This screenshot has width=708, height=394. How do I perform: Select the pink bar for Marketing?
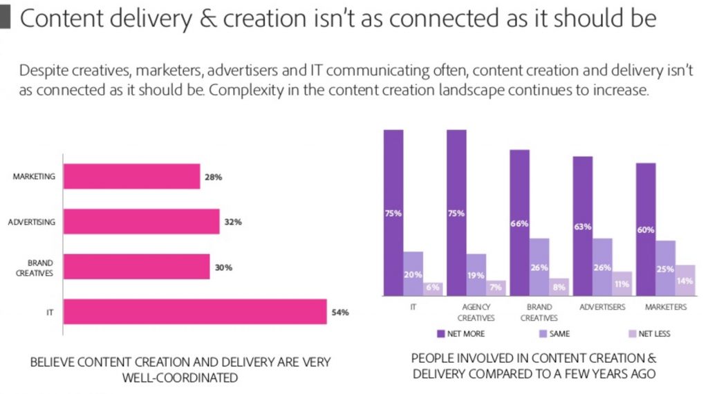pyautogui.click(x=131, y=176)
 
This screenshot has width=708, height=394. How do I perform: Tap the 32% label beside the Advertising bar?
pyautogui.click(x=232, y=222)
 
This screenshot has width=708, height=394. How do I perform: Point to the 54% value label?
pyautogui.click(x=340, y=312)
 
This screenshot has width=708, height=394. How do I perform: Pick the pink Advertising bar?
pyautogui.click(x=141, y=222)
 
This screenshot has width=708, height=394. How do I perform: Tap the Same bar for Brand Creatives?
pyautogui.click(x=539, y=267)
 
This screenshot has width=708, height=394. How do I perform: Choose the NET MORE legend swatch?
pyautogui.click(x=440, y=334)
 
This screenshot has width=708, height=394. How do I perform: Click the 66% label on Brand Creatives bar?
pyautogui.click(x=519, y=223)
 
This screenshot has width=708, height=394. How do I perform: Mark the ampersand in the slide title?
pyautogui.click(x=205, y=19)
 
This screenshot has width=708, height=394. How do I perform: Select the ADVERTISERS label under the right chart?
pyautogui.click(x=603, y=307)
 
